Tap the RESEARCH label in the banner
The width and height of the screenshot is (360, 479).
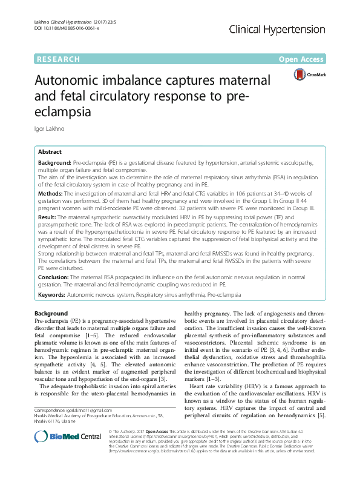(x=58, y=59)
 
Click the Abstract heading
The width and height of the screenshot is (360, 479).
(x=50, y=152)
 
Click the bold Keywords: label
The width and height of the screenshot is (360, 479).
(x=52, y=294)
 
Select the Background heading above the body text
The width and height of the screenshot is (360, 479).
(x=51, y=313)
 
